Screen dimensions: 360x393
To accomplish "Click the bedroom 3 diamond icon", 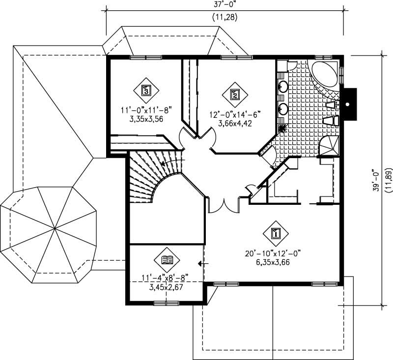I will [x=145, y=90].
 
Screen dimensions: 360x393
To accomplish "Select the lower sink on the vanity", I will [x=283, y=108].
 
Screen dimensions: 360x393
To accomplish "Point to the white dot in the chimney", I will [x=348, y=105].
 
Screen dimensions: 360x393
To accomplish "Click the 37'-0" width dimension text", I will [x=224, y=5].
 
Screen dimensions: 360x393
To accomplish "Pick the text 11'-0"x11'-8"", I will [x=145, y=111].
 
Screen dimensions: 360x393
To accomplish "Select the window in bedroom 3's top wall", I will [x=145, y=57].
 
